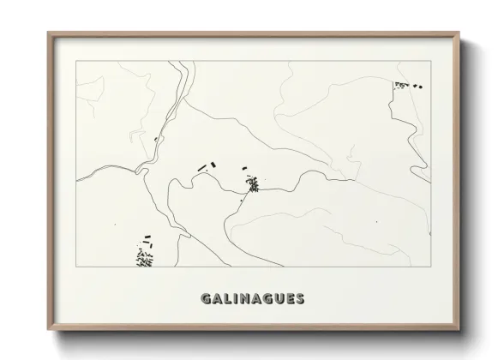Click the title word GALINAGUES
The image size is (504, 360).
[251, 299]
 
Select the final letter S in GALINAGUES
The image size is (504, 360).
[298, 299]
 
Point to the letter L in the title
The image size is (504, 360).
[226, 299]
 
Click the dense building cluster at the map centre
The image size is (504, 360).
[253, 183]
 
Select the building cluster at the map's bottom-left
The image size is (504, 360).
[144, 255]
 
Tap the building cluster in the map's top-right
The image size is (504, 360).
[407, 85]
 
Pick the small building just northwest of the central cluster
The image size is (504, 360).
[243, 168]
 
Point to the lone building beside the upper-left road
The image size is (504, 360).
[155, 138]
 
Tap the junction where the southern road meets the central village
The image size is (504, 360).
[248, 195]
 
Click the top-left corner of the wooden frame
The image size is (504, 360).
[48, 33]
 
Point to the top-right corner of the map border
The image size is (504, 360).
[429, 61]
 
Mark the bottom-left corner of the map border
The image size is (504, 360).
[75, 267]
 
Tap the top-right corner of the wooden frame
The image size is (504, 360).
[458, 33]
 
